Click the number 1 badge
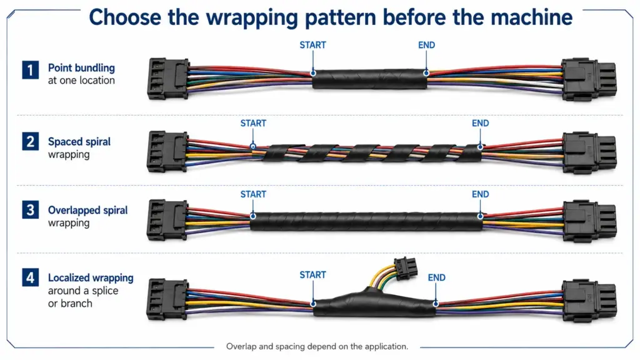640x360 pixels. (x=30, y=70)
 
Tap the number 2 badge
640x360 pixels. (x=30, y=141)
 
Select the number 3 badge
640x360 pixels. (x=30, y=210)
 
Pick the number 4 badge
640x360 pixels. (x=30, y=277)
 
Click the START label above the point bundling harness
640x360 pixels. (x=312, y=45)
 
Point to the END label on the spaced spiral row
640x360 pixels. (x=480, y=123)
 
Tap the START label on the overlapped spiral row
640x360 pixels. (x=253, y=194)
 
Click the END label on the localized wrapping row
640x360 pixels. (x=436, y=277)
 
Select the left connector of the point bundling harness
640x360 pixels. (x=167, y=78)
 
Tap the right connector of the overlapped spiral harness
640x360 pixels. (x=589, y=221)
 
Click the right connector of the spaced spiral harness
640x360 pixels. (x=589, y=152)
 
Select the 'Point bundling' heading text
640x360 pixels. (x=81, y=67)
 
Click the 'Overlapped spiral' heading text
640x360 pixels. (x=87, y=210)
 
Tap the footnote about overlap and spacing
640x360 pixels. (x=317, y=346)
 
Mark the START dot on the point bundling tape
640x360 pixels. (x=313, y=74)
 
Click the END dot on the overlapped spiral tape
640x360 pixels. (x=481, y=216)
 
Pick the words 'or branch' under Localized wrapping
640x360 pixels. (x=70, y=303)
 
